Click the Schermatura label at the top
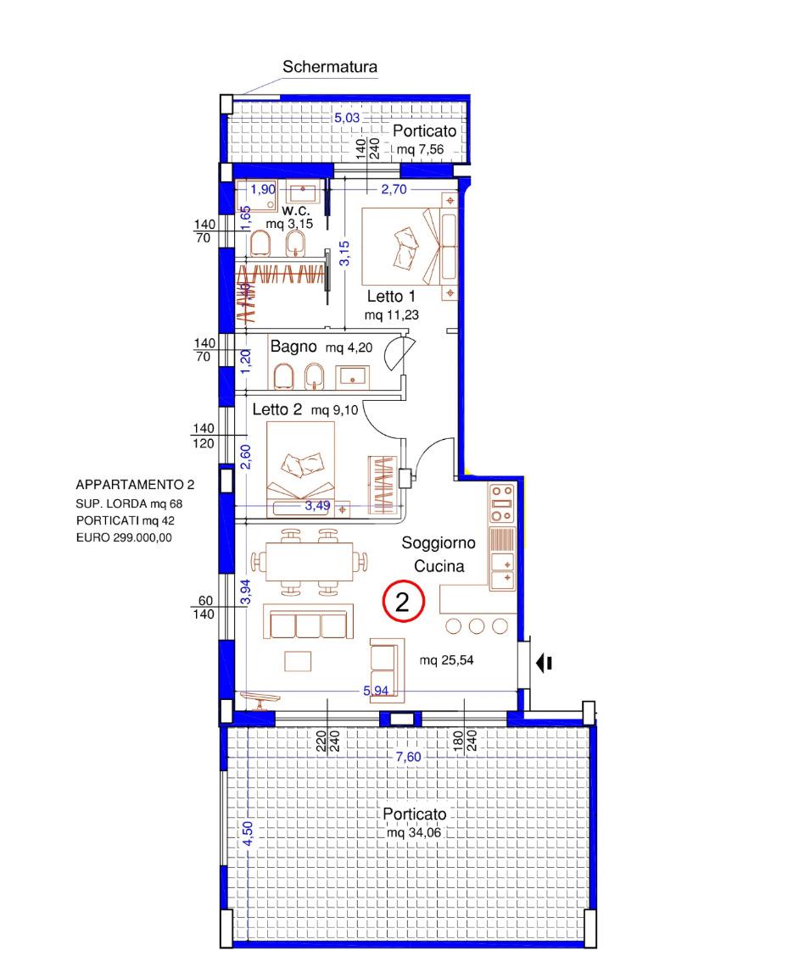(x=330, y=67)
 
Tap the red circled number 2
(x=403, y=602)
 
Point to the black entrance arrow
(x=544, y=663)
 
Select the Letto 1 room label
(x=391, y=297)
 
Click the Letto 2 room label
(x=277, y=410)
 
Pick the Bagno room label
(x=293, y=346)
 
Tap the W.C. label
(x=295, y=211)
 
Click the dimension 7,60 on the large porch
(x=408, y=757)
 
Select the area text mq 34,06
(x=413, y=833)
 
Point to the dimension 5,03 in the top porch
(x=347, y=117)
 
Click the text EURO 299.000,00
(x=124, y=537)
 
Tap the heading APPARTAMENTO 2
(x=135, y=485)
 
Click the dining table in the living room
(x=310, y=561)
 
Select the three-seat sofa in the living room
(x=309, y=622)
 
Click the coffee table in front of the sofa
(x=298, y=661)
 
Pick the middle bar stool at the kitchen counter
(x=477, y=625)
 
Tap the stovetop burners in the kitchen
(x=502, y=503)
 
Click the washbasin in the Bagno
(x=354, y=377)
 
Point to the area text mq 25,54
(x=446, y=660)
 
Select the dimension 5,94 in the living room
(x=376, y=691)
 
